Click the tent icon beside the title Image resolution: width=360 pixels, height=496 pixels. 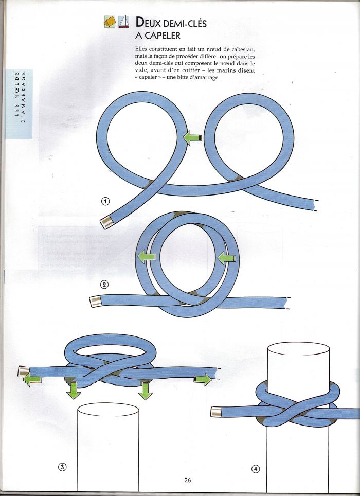point(110,22)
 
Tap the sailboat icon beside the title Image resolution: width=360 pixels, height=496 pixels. point(124,22)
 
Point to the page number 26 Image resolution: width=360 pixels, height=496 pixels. point(187,480)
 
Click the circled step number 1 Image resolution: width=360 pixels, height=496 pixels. point(105,201)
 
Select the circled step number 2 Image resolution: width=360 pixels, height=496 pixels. point(104,285)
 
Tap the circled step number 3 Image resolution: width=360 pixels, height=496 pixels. point(62,466)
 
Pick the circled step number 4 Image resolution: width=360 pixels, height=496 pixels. point(256,469)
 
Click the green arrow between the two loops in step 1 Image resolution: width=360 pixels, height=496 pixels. point(192,138)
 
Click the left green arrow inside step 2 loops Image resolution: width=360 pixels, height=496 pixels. point(147,256)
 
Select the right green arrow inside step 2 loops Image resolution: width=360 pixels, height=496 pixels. point(227,258)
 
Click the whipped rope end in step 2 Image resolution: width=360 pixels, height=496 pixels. point(96,302)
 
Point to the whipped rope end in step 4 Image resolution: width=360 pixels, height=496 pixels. point(216,412)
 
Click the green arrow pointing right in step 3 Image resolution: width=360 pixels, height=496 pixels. point(203,379)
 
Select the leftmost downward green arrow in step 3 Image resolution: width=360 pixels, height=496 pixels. point(74,391)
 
